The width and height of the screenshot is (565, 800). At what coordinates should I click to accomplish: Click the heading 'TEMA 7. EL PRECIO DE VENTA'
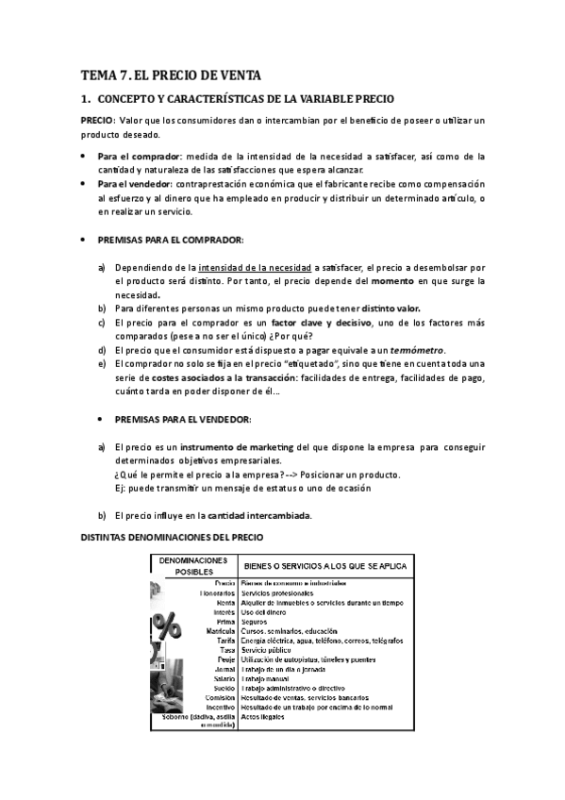click(170, 75)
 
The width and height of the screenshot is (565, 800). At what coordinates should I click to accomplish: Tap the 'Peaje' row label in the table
click(224, 659)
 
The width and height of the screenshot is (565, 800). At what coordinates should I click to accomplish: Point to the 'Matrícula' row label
click(218, 631)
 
